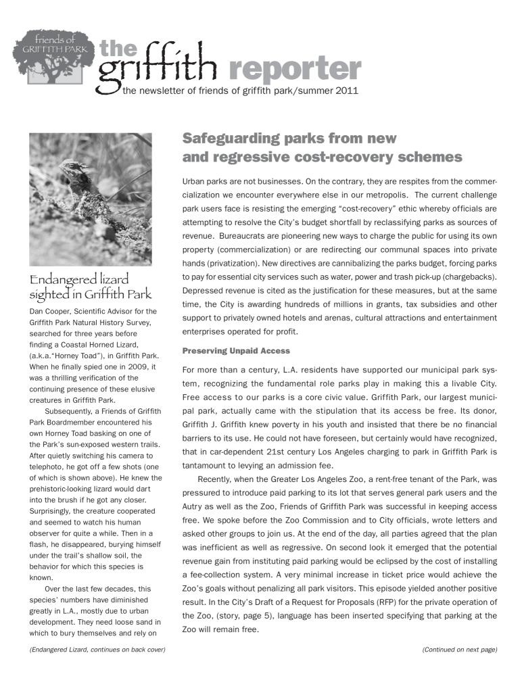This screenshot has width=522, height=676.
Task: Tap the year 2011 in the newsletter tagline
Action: [x=346, y=90]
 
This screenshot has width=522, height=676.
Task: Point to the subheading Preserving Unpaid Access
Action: [x=236, y=351]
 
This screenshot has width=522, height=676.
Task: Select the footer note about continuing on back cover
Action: [x=97, y=650]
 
